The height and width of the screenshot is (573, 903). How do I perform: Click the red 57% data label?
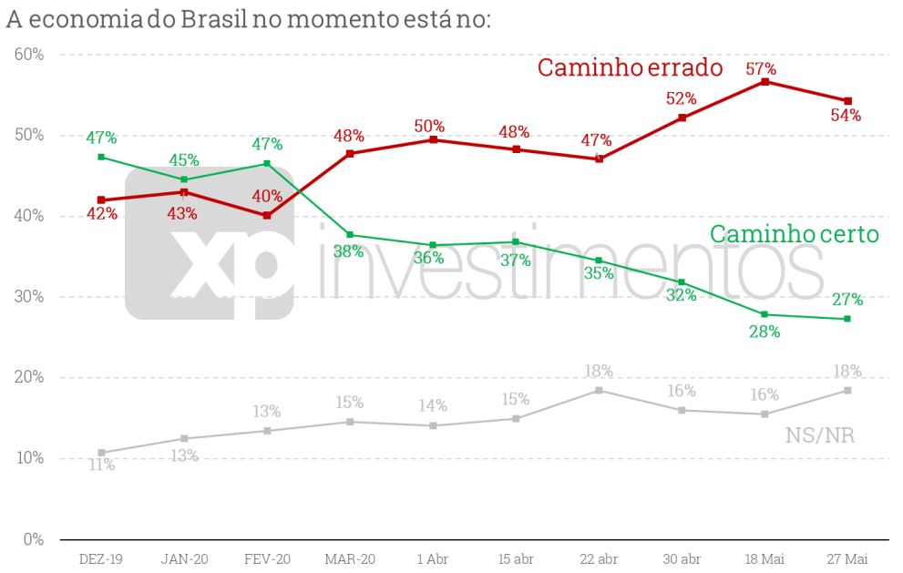pos(761,68)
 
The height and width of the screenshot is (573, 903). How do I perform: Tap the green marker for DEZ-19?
pos(101,157)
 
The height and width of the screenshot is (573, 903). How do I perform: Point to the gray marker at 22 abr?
pos(599,390)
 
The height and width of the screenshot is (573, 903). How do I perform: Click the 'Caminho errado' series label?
pos(630,67)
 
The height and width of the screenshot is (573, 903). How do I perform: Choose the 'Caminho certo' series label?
pos(794,234)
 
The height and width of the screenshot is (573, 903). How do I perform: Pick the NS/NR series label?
pos(819,435)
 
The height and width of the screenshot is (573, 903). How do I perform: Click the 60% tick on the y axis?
pos(29,55)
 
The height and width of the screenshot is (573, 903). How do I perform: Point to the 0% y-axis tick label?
pos(33,538)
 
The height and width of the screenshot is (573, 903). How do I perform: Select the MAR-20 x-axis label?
pos(350,558)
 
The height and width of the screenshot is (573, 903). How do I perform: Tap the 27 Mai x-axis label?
pos(847,558)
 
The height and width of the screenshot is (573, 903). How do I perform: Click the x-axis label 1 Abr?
pos(433,558)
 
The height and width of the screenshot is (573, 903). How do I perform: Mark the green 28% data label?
pos(764,332)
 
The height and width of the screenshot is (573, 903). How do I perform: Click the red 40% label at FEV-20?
pos(267,196)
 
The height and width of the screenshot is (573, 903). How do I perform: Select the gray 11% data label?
pos(101,466)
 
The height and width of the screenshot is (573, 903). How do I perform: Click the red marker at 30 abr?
pos(682,118)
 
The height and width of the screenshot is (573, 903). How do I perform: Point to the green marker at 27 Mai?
pos(847,319)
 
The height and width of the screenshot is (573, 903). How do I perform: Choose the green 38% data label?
pos(349,251)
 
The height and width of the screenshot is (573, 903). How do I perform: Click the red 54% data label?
pos(847,116)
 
